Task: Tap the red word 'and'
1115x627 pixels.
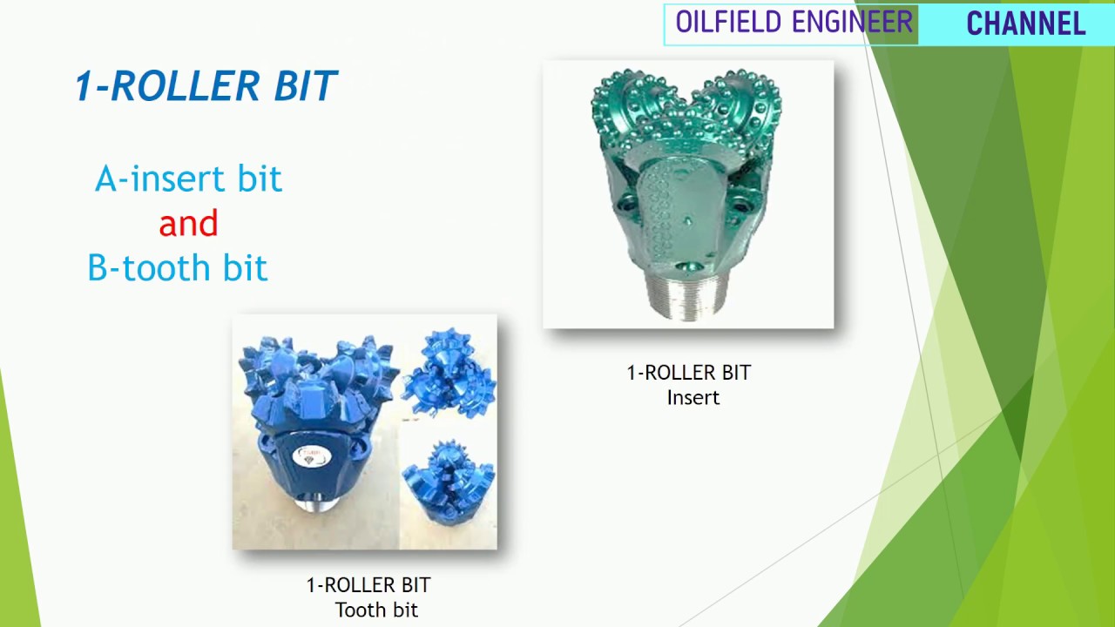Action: [x=188, y=224]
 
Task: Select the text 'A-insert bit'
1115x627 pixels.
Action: [x=188, y=179]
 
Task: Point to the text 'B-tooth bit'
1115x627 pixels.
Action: [x=178, y=268]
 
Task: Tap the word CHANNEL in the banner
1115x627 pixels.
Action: [x=1025, y=24]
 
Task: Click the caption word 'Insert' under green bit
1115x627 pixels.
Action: [x=693, y=398]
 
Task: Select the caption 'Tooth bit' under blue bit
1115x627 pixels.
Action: [x=376, y=610]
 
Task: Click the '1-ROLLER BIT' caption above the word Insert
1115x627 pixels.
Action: [x=688, y=373]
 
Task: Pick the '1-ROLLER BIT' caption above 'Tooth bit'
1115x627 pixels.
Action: [x=368, y=585]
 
